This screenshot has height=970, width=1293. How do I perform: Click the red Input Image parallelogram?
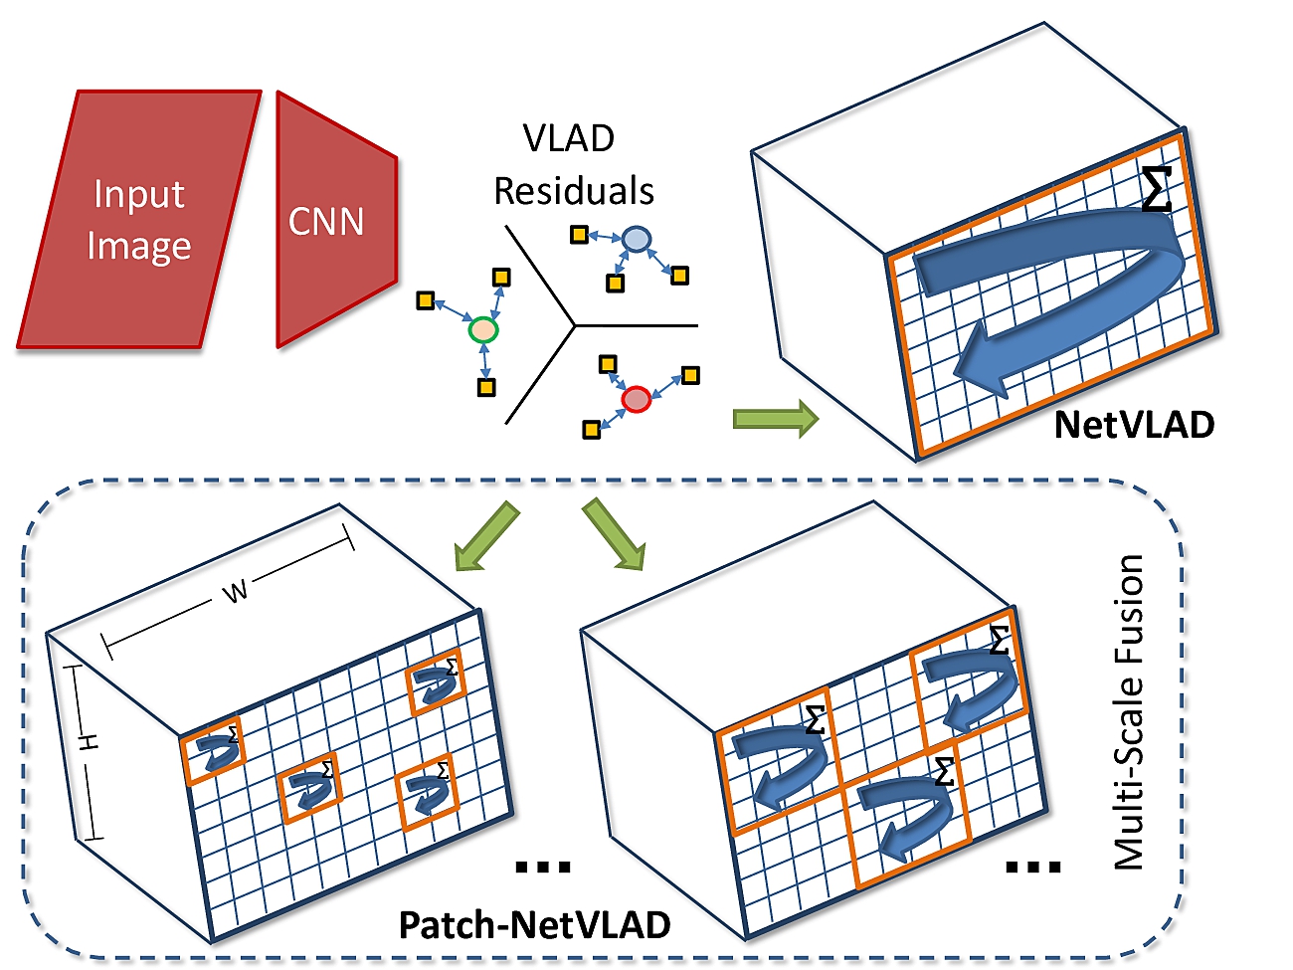coord(138,220)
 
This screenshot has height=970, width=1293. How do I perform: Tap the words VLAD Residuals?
coord(573,165)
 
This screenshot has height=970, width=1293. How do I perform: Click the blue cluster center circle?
coord(636,239)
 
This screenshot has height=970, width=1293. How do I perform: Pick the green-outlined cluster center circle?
coord(482,329)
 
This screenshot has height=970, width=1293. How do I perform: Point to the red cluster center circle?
coord(636,399)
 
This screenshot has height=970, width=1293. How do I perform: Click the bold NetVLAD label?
coord(1134,425)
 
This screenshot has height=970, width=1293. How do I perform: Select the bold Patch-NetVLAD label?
coord(534,924)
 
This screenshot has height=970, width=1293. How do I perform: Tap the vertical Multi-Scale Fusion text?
coord(1128,712)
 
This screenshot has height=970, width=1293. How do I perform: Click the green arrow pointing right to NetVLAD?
coord(775,419)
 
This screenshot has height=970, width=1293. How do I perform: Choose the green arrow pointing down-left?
coord(486,537)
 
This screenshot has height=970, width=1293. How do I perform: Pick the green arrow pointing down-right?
coord(615,535)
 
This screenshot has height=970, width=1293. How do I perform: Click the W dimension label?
coord(235,592)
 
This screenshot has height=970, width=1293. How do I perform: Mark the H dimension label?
coord(89,742)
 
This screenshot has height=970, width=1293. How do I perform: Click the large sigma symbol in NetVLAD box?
coord(1156,189)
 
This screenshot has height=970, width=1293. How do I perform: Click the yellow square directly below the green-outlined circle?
coord(486,388)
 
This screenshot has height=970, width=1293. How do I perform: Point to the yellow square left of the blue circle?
coord(579,235)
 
